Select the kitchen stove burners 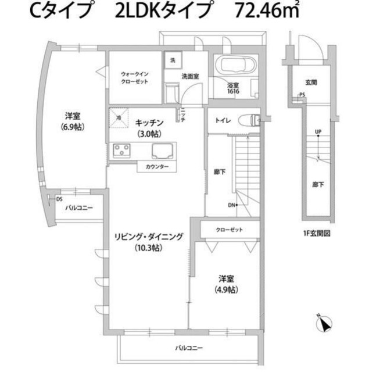(122, 151)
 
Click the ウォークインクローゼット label (135, 78)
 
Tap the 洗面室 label (190, 76)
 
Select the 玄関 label (311, 83)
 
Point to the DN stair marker (231, 205)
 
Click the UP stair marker (317, 131)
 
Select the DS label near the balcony (59, 199)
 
